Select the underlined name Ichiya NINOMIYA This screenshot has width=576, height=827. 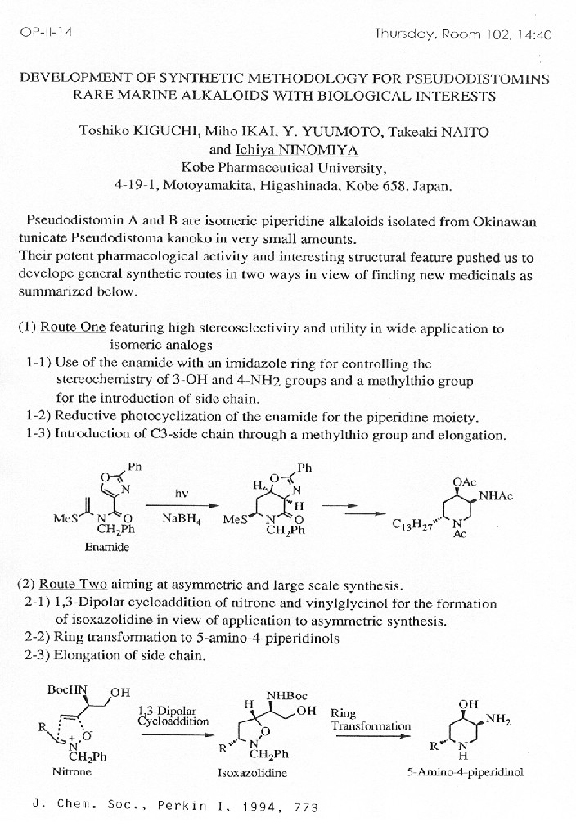[284, 149]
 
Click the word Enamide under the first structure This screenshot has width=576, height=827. [107, 546]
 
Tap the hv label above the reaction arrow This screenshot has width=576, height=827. [182, 494]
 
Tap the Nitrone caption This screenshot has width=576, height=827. [72, 771]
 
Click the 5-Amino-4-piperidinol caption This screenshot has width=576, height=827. [465, 771]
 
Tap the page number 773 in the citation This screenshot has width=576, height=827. [304, 807]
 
